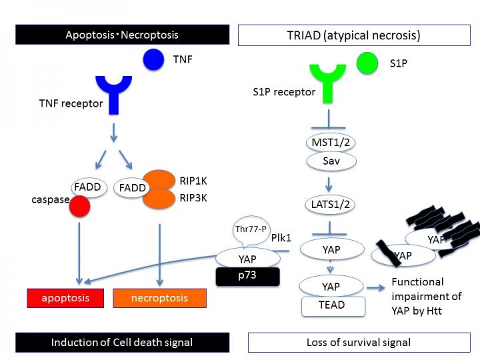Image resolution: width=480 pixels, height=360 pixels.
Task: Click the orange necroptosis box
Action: coord(159,297)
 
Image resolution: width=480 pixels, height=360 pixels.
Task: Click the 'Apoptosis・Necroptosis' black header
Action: coord(122,35)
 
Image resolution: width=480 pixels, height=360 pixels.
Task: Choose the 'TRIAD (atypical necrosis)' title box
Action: coord(353,35)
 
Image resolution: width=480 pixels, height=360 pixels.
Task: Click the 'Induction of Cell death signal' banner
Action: coord(122,342)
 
